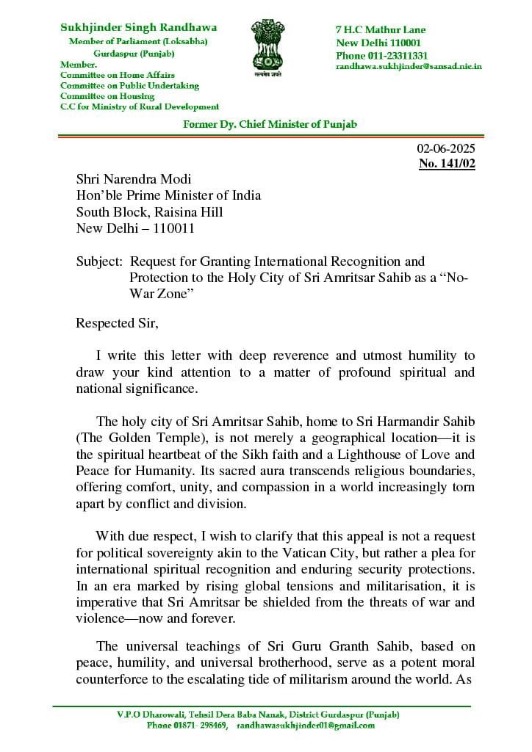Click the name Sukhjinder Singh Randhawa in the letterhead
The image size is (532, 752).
tap(123, 27)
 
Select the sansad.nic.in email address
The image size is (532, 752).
tap(409, 66)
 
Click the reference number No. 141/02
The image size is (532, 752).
tap(447, 164)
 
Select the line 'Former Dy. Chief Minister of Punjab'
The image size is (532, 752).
tap(270, 124)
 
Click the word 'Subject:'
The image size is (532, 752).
tap(99, 261)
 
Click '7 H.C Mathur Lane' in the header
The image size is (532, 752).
tap(381, 30)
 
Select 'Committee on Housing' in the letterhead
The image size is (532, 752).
tap(107, 96)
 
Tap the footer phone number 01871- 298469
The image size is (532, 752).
tap(187, 726)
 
